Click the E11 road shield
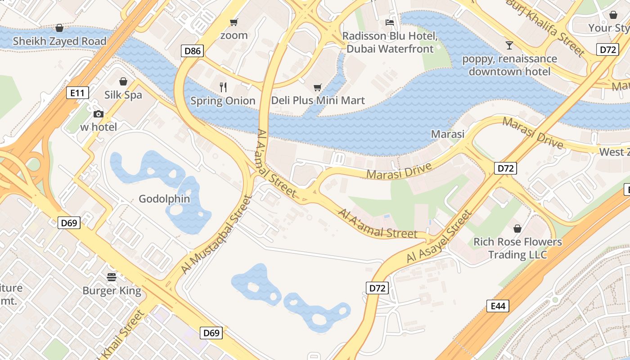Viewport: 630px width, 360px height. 77,93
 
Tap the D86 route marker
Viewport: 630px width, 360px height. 193,51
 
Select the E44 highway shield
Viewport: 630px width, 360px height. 498,306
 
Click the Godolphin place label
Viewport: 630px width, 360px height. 164,199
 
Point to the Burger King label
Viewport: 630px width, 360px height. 112,291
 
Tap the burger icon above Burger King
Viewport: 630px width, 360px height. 112,276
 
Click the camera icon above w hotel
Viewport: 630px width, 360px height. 98,114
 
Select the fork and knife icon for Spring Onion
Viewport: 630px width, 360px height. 223,87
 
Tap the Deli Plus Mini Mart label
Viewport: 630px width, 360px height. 318,100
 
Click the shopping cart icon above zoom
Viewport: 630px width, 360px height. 234,22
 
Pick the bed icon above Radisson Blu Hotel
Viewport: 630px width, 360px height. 390,22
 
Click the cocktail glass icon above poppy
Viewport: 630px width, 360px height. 509,45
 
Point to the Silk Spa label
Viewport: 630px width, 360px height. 123,95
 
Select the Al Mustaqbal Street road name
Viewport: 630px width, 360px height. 216,234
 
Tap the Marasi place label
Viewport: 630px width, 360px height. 447,134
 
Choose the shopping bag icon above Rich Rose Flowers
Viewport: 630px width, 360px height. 517,229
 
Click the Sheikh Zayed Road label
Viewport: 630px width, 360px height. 59,41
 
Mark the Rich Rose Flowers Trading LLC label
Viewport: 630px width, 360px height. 517,248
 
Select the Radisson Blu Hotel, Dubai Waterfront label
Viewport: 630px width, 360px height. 390,42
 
